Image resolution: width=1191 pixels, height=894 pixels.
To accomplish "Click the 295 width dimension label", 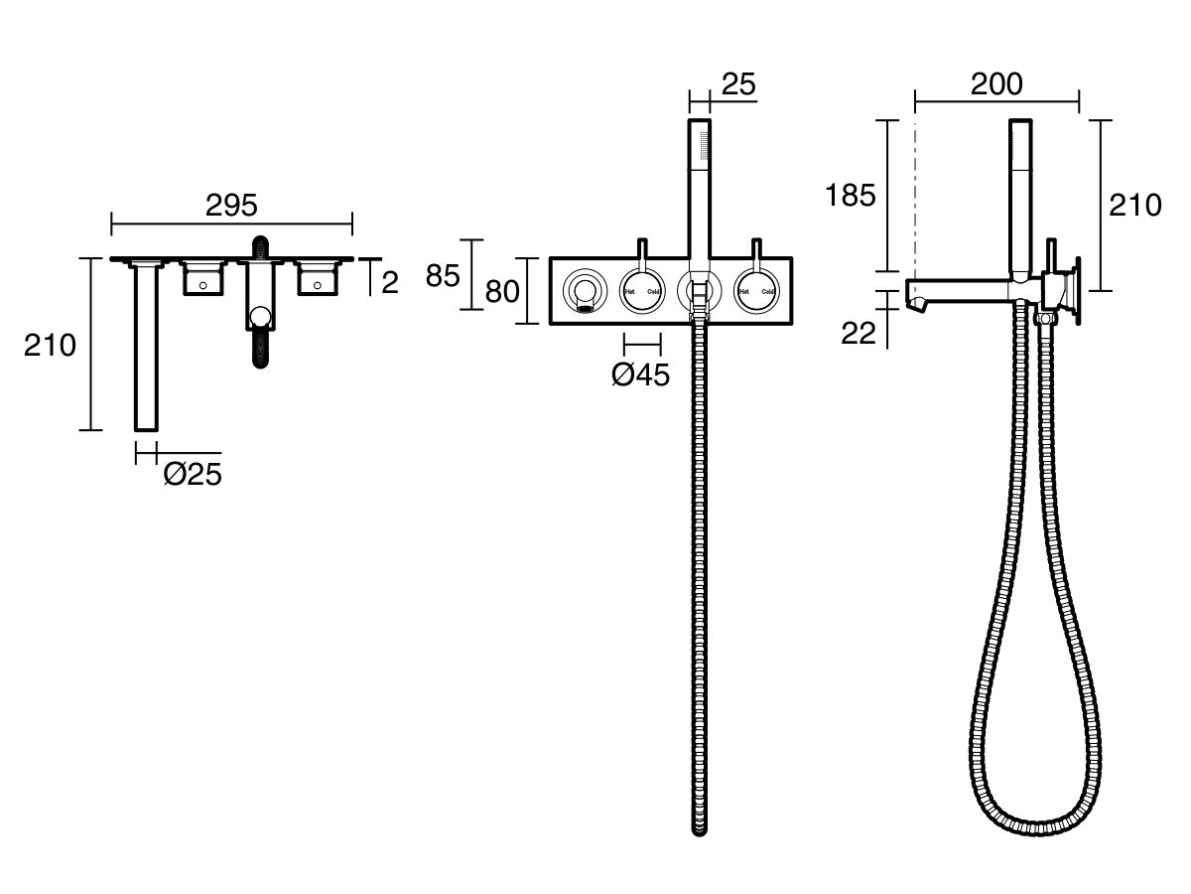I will coord(231,205).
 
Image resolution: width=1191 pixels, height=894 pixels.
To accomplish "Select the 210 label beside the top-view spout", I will coord(51,346).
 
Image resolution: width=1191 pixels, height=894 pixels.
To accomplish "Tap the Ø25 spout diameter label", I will coord(192,476).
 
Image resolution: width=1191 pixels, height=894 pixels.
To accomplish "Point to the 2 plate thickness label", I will coord(389,282).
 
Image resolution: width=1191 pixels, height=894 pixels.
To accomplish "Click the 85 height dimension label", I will coord(442,275).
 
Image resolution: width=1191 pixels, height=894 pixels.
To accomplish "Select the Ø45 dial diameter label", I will coord(640,374).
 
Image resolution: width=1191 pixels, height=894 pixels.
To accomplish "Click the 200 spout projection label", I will coord(996,85).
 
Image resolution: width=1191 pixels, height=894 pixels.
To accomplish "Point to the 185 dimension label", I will coord(851,195).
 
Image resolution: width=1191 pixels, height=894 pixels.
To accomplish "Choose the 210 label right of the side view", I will coord(1135,206).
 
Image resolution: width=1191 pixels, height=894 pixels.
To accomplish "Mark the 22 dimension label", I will coord(859,334).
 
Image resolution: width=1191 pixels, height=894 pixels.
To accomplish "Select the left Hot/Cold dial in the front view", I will coord(641,291).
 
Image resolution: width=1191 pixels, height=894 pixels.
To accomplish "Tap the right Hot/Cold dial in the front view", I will coord(756,291).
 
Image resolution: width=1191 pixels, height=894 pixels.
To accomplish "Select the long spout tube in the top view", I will coord(146,348).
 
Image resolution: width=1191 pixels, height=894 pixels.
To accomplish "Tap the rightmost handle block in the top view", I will coord(317,280).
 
